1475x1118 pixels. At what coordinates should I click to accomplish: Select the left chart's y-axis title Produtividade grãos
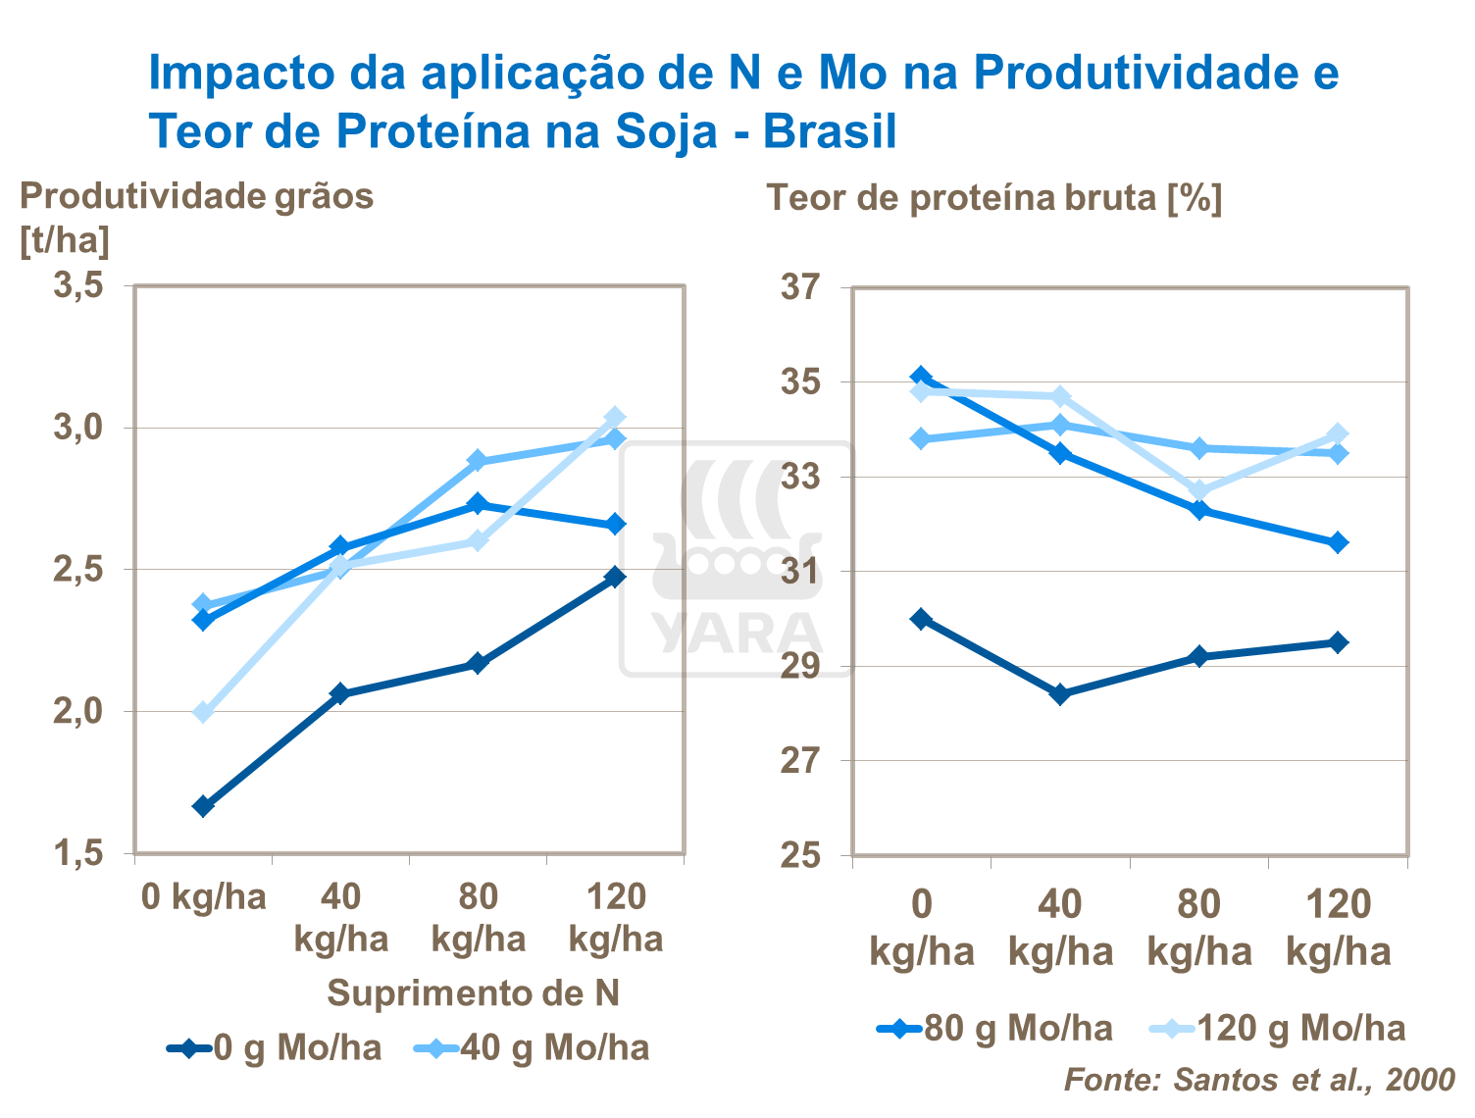(x=196, y=196)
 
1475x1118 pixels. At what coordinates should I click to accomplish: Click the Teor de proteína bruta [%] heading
(x=993, y=198)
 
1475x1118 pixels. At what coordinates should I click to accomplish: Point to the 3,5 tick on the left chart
(x=78, y=286)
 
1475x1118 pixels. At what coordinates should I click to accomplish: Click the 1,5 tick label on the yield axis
(x=78, y=854)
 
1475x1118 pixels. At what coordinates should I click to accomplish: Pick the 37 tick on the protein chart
(x=799, y=287)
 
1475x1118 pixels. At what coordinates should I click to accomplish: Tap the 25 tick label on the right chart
(x=799, y=855)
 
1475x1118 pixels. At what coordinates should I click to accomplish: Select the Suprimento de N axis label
(x=473, y=993)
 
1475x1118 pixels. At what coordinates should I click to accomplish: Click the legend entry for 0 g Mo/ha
(x=275, y=1048)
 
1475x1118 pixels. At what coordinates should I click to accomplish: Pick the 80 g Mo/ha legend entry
(x=995, y=1029)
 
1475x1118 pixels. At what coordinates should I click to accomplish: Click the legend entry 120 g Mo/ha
(x=1278, y=1029)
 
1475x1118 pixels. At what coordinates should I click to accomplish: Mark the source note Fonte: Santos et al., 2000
(x=1259, y=1080)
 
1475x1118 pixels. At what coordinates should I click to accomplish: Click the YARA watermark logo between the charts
(x=737, y=559)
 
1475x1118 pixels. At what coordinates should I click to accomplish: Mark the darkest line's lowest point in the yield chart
(x=203, y=806)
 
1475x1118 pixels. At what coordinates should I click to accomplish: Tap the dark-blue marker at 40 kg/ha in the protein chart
(x=1059, y=694)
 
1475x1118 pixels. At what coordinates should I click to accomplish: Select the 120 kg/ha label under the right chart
(x=1338, y=928)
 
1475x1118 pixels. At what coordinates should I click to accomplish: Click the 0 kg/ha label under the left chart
(x=203, y=897)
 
